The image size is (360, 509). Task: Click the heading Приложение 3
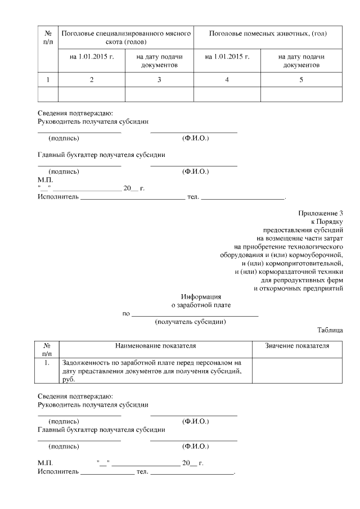tap(320, 213)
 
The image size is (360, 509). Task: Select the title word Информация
tap(201, 296)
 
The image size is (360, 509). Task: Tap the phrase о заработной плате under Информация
tap(201, 305)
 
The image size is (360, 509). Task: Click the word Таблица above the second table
tap(330, 330)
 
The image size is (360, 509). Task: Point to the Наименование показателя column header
tap(156, 345)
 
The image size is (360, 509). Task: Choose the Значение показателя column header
tap(296, 345)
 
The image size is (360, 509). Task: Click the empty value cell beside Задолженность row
tap(296, 371)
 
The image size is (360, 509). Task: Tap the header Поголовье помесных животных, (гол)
tap(267, 34)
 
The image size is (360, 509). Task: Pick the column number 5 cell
tap(301, 79)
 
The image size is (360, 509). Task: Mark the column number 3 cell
tap(159, 79)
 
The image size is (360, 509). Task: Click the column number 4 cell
tap(227, 79)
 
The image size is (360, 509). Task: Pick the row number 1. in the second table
tap(47, 363)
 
